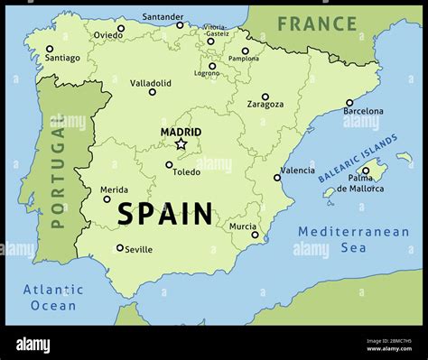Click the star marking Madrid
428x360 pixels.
coord(181,143)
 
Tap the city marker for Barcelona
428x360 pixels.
coord(349,103)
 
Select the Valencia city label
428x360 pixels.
coord(298,170)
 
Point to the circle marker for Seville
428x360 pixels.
coord(120,247)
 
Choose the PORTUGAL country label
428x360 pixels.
coord(59,176)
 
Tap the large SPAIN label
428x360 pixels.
coord(165,214)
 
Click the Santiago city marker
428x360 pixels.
coord(50,49)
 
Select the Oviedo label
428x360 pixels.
coord(107,36)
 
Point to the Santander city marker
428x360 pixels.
coord(180,25)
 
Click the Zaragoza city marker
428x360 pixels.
coord(265,97)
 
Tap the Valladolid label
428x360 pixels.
coord(151,82)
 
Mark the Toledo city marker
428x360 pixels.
coord(169,165)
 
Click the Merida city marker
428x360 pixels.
coord(107,198)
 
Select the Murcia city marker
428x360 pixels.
coord(255,235)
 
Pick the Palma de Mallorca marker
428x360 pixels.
coord(366,170)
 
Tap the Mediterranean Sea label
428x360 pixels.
coord(353,239)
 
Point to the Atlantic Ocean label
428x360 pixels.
coord(53,297)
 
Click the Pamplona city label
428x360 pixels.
coord(243,59)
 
